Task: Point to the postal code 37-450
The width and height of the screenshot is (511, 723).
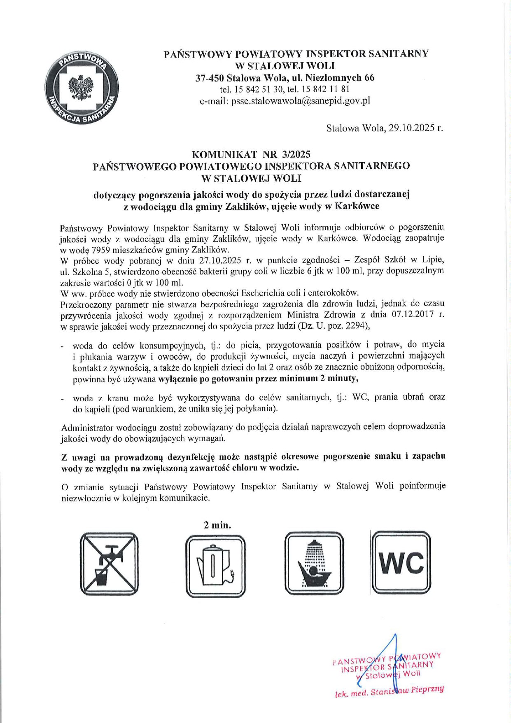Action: pyautogui.click(x=210, y=77)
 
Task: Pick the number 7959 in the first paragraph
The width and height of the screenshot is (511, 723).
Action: pyautogui.click(x=101, y=250)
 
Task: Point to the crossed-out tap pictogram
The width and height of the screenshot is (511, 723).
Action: pyautogui.click(x=109, y=564)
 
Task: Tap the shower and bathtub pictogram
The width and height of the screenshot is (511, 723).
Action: pyautogui.click(x=314, y=563)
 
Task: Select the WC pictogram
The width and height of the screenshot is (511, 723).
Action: pyautogui.click(x=401, y=562)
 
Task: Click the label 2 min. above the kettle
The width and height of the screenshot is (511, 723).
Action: pyautogui.click(x=217, y=525)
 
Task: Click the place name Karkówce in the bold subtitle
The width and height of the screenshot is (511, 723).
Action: pyautogui.click(x=357, y=206)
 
